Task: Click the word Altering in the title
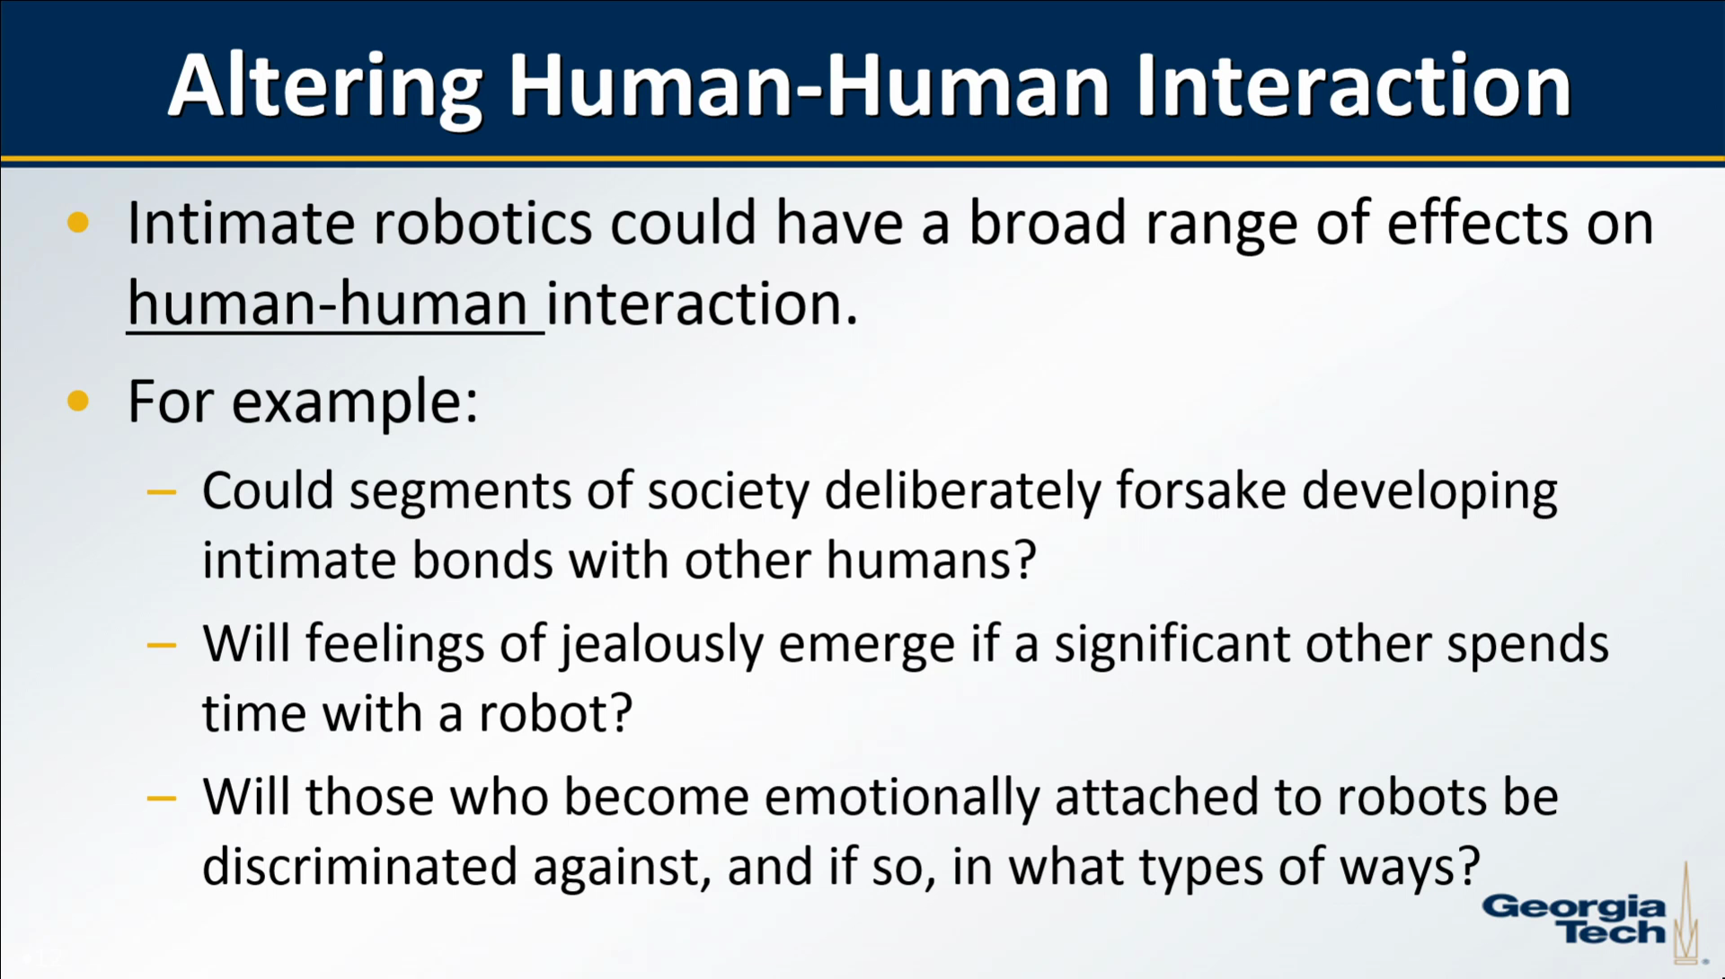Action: click(x=326, y=88)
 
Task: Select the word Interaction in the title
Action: click(x=1353, y=86)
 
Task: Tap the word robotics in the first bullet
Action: click(x=482, y=223)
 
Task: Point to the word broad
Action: click(x=1047, y=223)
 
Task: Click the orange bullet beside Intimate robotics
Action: click(x=79, y=223)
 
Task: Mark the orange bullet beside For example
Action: click(x=79, y=400)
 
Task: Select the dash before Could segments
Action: click(x=162, y=491)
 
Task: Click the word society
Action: click(x=729, y=493)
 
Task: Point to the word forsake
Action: click(x=1201, y=491)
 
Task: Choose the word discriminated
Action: click(x=359, y=867)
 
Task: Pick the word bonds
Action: click(x=482, y=560)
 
